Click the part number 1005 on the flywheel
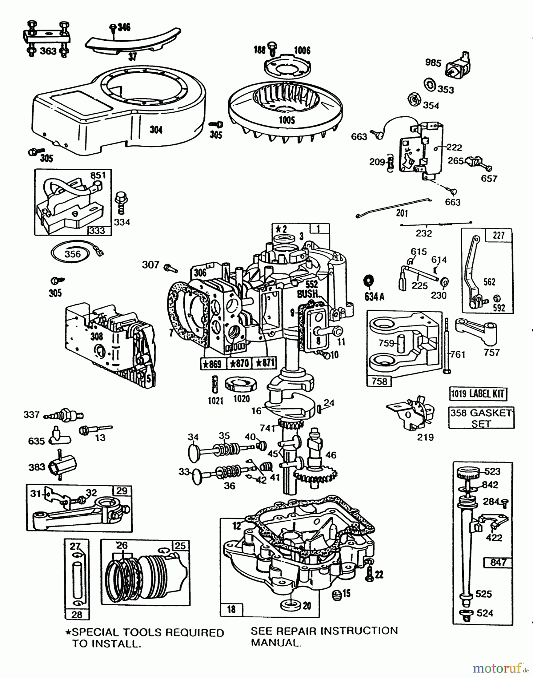coord(287,121)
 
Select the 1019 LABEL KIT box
coord(478,394)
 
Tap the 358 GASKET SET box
coord(481,418)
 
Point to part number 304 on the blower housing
coord(156,130)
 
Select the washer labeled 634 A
coord(368,281)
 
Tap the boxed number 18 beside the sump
coord(231,609)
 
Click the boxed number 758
coord(379,381)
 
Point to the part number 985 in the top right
coord(433,62)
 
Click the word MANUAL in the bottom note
coord(276,643)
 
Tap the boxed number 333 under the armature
coord(97,230)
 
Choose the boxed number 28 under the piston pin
coord(76,615)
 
